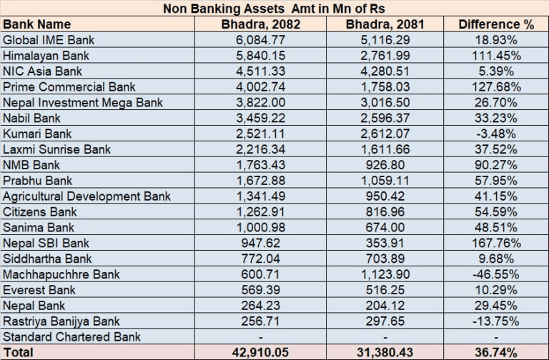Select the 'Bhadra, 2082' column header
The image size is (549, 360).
click(x=261, y=24)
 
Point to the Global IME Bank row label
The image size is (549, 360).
click(x=49, y=40)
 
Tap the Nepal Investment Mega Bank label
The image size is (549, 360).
click(x=82, y=103)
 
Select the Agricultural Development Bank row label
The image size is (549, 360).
click(x=84, y=196)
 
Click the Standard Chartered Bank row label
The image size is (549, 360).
click(x=71, y=337)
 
